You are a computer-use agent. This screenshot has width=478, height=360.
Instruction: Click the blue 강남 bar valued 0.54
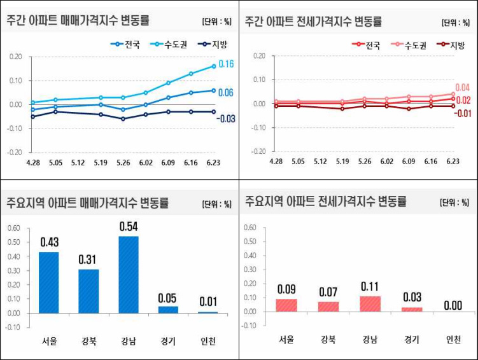pyautogui.click(x=128, y=275)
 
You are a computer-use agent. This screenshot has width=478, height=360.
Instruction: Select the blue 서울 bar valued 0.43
pyautogui.click(x=48, y=282)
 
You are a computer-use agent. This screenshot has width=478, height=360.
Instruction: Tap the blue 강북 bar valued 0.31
pyautogui.click(x=88, y=291)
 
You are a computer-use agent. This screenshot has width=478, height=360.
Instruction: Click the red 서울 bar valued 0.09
pyautogui.click(x=286, y=305)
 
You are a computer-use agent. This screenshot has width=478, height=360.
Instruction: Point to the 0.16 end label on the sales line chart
pyautogui.click(x=226, y=64)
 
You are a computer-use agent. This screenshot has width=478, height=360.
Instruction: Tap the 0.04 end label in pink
pyautogui.click(x=462, y=88)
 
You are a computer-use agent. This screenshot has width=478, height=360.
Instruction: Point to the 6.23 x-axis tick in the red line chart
pyautogui.click(x=452, y=162)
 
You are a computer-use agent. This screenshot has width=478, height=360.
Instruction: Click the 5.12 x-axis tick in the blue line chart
pyautogui.click(x=79, y=163)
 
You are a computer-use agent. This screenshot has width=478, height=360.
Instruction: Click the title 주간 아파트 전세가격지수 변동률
pyautogui.click(x=313, y=20)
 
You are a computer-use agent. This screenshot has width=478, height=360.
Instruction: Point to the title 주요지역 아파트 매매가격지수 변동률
pyautogui.click(x=87, y=204)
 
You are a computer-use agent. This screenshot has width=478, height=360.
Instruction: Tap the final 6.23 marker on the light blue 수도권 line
pyautogui.click(x=214, y=66)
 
